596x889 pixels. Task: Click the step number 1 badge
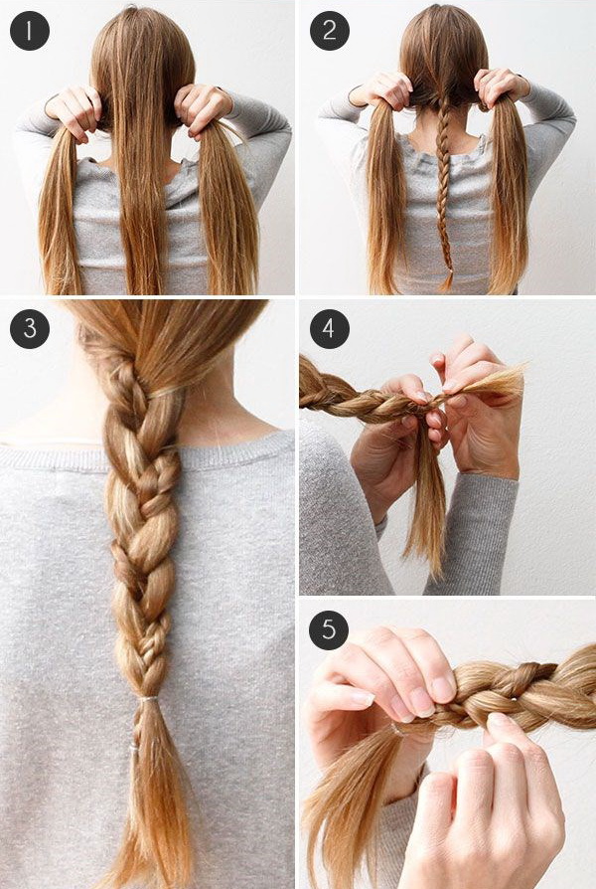tap(30, 31)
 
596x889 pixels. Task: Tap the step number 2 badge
tap(330, 31)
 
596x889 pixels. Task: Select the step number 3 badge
tap(30, 329)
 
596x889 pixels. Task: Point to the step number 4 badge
tap(330, 329)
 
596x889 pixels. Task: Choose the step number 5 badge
tap(329, 629)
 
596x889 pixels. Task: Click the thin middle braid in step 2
tap(445, 187)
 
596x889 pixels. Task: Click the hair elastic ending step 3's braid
tap(148, 699)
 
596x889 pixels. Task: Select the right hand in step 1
tap(203, 110)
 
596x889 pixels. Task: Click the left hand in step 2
tap(382, 89)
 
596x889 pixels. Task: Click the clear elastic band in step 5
tap(398, 729)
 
